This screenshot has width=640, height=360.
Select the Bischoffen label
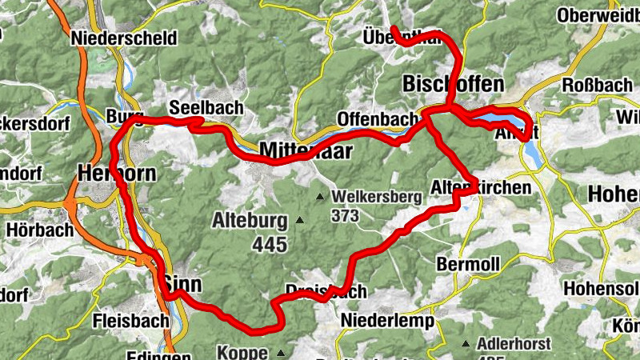pyautogui.click(x=454, y=84)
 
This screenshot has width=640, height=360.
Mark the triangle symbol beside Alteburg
pyautogui.click(x=300, y=219)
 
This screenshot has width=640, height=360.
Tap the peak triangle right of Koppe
pyautogui.click(x=281, y=352)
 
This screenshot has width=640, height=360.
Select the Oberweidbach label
pyautogui.click(x=600, y=15)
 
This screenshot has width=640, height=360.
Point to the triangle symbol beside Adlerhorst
pyautogui.click(x=466, y=345)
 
